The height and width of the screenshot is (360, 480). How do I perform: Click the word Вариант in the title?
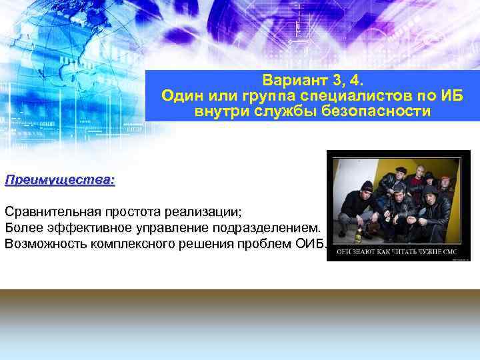288,81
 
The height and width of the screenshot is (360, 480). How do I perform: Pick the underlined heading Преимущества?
60,180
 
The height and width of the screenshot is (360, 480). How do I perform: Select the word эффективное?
91,228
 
